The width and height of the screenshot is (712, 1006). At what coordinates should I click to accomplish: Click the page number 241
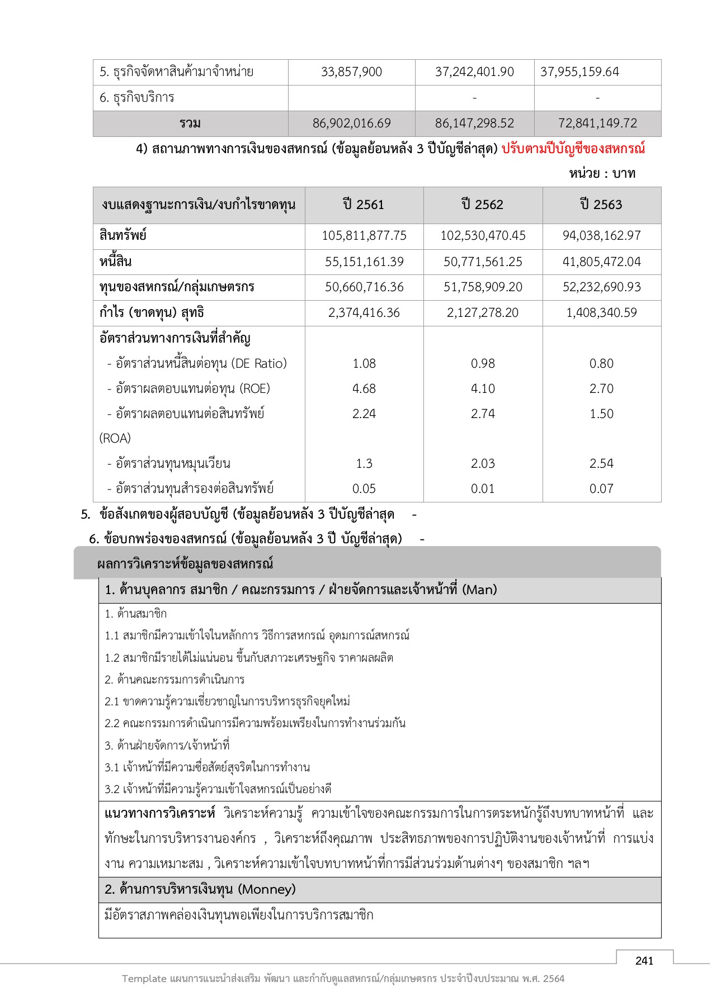[x=644, y=961]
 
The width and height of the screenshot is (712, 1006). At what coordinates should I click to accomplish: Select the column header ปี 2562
[x=482, y=205]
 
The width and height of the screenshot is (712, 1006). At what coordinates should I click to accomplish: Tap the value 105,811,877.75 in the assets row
[x=364, y=236]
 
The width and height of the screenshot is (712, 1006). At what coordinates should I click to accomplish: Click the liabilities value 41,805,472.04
[x=601, y=262]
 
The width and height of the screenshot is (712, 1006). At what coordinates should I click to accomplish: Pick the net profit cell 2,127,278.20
[x=482, y=312]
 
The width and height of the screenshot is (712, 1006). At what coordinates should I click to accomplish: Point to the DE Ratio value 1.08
[x=364, y=363]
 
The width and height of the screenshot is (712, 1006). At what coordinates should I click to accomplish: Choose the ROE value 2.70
[x=601, y=388]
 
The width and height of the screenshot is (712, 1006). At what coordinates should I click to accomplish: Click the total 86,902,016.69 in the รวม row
[x=351, y=124]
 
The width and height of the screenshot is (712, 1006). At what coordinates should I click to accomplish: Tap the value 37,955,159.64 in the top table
[x=579, y=72]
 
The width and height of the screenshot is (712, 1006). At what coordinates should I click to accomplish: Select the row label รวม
[x=190, y=124]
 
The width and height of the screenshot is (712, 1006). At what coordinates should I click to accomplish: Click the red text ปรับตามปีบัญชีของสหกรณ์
[x=573, y=149]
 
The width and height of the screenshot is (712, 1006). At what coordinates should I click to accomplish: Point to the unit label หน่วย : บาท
[x=602, y=173]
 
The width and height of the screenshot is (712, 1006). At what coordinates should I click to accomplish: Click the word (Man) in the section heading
[x=479, y=590]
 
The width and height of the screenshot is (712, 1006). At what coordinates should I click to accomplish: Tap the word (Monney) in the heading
[x=267, y=889]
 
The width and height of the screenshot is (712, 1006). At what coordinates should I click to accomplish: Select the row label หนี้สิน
[x=116, y=262]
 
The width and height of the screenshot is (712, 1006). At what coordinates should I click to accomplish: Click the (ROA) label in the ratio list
[x=115, y=438]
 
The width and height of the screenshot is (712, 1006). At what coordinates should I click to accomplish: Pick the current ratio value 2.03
[x=482, y=463]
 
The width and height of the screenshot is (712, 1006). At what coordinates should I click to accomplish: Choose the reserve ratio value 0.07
[x=601, y=488]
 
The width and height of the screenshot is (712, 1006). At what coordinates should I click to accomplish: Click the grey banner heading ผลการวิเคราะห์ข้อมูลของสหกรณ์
[x=185, y=564]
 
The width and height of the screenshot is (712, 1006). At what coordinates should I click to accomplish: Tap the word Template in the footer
[x=144, y=979]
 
